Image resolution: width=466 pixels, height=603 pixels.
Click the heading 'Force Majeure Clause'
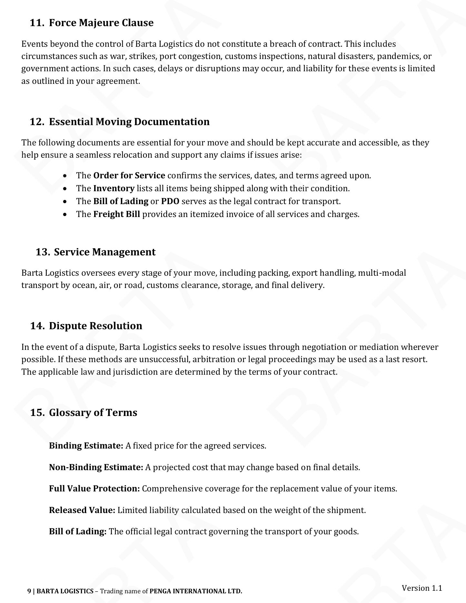click(101, 23)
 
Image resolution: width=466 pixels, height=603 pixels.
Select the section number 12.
click(36, 122)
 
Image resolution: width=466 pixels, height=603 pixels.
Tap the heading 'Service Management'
click(104, 252)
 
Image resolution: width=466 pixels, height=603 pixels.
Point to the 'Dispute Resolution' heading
click(95, 326)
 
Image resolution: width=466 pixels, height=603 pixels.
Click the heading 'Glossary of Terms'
click(93, 412)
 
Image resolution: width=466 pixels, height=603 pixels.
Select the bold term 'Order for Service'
click(129, 175)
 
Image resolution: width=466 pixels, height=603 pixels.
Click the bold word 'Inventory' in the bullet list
click(114, 188)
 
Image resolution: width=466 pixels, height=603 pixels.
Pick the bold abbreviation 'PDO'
click(170, 201)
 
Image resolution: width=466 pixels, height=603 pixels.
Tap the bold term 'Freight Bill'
click(116, 214)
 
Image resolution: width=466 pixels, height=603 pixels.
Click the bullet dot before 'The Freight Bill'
click(65, 214)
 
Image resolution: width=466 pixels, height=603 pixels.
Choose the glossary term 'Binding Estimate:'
click(86, 446)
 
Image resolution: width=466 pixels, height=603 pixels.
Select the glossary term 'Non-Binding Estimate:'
click(96, 467)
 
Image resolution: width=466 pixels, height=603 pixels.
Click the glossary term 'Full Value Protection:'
click(94, 489)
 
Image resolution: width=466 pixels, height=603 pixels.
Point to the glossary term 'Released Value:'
click(82, 510)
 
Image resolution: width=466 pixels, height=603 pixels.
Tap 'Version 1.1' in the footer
click(421, 588)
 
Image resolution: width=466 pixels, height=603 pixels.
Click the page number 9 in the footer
click(29, 591)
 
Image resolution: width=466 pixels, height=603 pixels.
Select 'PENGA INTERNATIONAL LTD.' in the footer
click(196, 591)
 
